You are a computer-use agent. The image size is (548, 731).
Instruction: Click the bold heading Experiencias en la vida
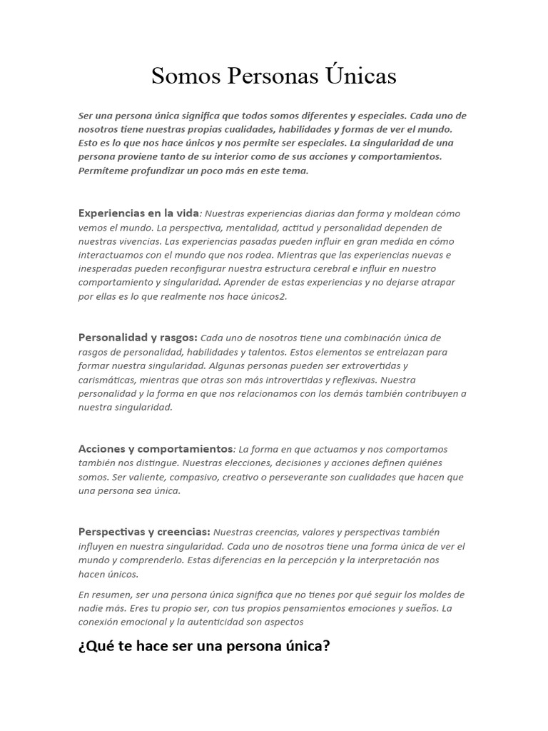point(138,213)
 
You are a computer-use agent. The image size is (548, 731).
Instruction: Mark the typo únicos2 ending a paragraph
point(267,296)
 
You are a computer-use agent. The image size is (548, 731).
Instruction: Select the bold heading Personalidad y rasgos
point(138,338)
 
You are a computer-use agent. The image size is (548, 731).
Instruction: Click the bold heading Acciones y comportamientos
point(156,449)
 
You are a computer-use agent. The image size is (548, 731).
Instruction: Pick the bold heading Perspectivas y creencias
point(144,532)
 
